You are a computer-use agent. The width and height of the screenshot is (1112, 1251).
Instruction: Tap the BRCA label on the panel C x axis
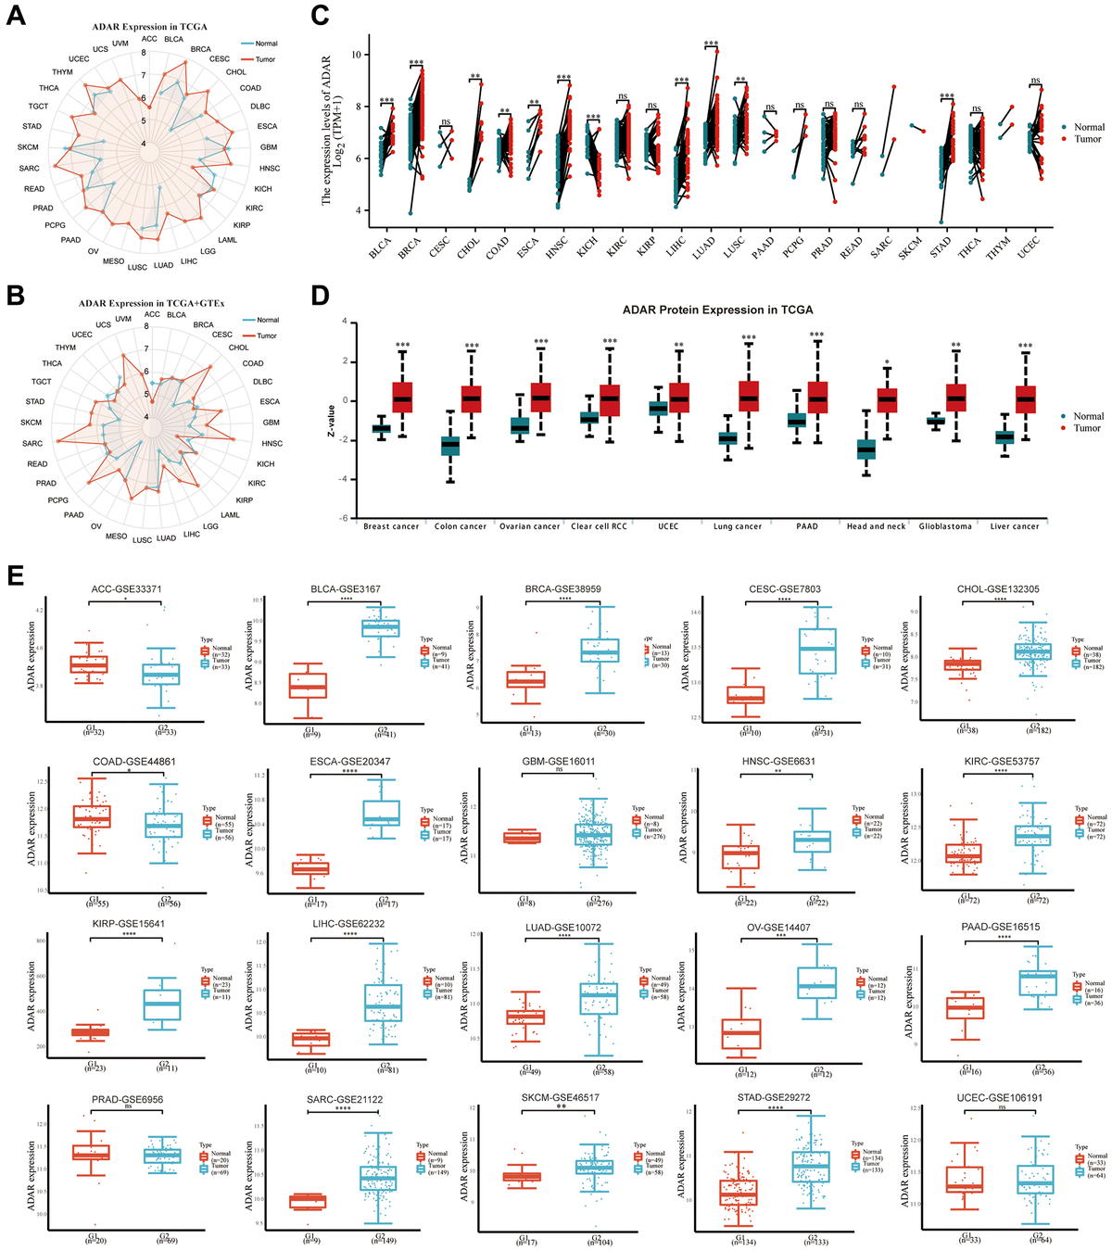[409, 247]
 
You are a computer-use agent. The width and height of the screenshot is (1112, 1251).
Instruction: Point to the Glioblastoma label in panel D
[945, 526]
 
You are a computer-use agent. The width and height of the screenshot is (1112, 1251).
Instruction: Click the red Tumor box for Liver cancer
[1025, 399]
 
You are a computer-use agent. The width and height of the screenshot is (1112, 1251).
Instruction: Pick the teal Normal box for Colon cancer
[449, 445]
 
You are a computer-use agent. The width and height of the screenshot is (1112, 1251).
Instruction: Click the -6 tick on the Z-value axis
[344, 519]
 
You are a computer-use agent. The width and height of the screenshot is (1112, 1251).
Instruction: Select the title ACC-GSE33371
[127, 589]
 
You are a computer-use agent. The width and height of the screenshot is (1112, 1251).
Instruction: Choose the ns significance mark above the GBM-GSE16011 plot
[559, 770]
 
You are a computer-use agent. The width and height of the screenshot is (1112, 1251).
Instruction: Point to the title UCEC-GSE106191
[999, 1099]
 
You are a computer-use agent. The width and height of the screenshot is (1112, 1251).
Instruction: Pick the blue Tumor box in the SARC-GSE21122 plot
[377, 1178]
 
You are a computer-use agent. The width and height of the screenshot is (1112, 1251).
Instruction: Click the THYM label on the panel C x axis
[997, 247]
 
